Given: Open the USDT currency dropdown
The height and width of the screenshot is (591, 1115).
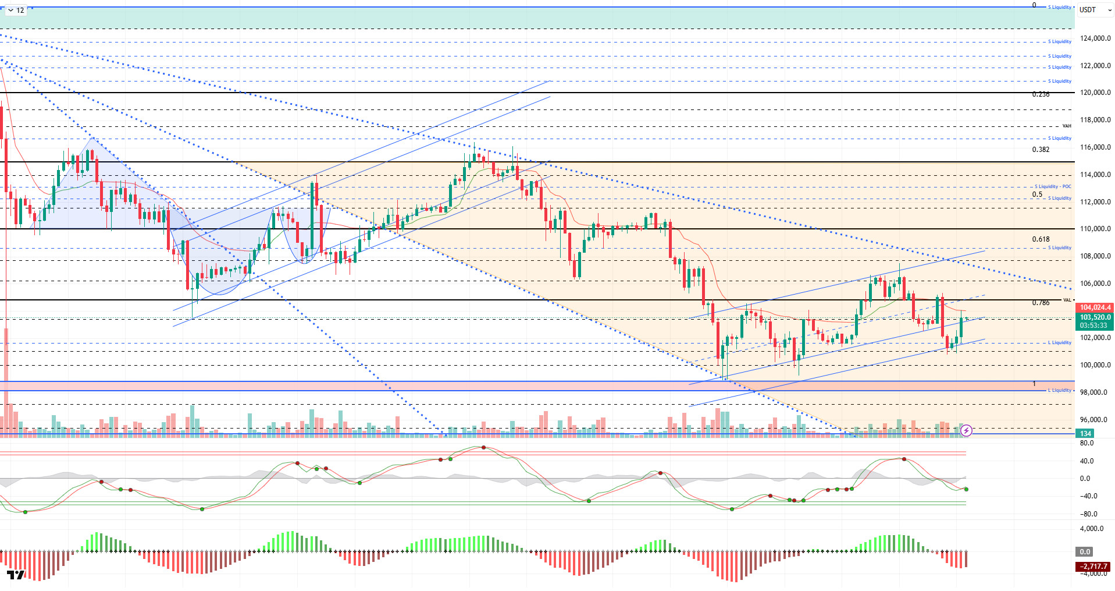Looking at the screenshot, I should click(1095, 10).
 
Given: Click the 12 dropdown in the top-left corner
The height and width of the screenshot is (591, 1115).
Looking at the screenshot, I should click(16, 10).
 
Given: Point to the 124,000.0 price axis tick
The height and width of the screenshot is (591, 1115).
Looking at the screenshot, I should click(1095, 38).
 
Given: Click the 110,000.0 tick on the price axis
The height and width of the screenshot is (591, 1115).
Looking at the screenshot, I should click(1095, 229).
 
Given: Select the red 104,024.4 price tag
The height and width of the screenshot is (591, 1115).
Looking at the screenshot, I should click(1095, 307).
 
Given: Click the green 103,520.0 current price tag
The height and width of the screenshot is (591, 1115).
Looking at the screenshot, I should click(1095, 317).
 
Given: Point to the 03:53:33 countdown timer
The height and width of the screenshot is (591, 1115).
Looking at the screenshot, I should click(1093, 325).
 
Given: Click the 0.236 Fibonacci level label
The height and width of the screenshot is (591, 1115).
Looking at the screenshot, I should click(1041, 94).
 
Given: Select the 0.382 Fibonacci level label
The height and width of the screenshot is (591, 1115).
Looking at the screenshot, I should click(1041, 150).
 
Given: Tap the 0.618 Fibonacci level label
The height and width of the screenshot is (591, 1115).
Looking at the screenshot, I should click(1041, 239).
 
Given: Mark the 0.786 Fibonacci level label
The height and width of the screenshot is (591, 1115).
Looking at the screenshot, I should click(1041, 303).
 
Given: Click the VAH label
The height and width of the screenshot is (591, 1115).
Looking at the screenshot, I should click(1067, 126).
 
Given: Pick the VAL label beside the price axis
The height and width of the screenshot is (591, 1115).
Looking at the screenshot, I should click(1067, 300).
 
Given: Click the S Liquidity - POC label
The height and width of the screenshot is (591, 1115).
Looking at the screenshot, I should click(1053, 187).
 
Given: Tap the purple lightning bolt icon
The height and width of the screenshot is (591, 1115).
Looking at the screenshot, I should click(966, 430).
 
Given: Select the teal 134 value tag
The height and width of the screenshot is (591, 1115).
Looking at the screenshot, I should click(1085, 433).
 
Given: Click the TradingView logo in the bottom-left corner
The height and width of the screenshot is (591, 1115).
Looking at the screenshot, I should click(16, 575).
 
